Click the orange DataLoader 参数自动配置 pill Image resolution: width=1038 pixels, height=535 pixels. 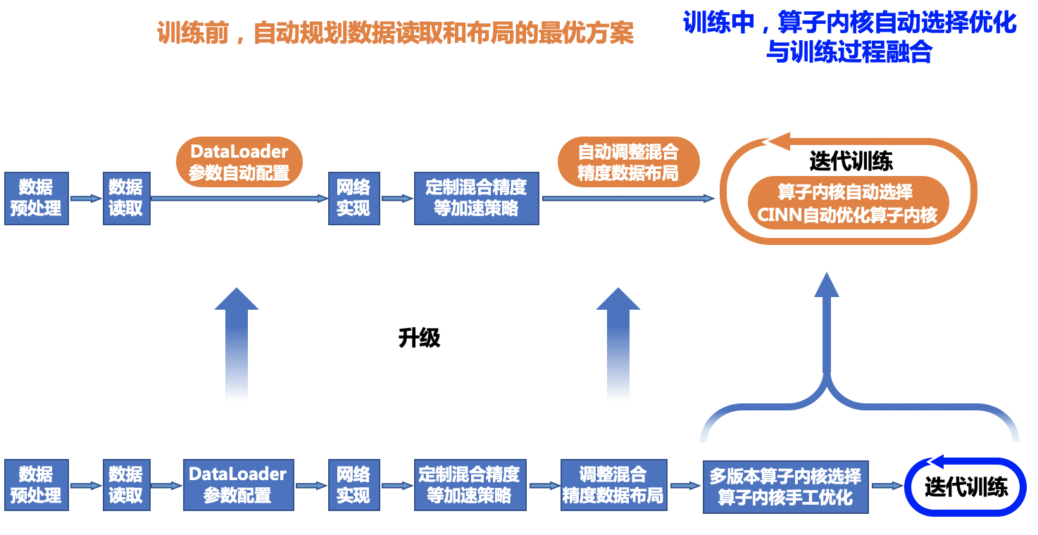[239, 162]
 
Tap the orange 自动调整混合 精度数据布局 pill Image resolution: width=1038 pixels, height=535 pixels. [628, 162]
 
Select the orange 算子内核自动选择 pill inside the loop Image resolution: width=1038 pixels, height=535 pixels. [848, 203]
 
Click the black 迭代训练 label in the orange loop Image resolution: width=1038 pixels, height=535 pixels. [851, 162]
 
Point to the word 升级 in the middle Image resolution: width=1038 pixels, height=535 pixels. [419, 338]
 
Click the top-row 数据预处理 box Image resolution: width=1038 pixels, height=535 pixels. [37, 198]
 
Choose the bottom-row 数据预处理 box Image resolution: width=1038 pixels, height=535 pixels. [37, 485]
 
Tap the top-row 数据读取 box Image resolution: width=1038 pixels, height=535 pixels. [127, 198]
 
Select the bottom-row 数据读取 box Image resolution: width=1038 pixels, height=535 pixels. [127, 485]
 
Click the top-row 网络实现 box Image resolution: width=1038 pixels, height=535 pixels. [354, 198]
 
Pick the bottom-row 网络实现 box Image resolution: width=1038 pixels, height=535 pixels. [354, 485]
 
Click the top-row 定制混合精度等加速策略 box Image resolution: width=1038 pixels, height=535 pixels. [477, 198]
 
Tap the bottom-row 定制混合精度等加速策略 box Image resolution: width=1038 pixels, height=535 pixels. [470, 485]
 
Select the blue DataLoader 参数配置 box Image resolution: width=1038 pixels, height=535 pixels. [238, 485]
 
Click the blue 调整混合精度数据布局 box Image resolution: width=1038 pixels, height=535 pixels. [613, 485]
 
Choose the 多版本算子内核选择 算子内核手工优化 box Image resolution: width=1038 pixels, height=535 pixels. [786, 486]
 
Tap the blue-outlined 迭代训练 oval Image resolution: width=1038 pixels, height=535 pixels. [965, 487]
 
